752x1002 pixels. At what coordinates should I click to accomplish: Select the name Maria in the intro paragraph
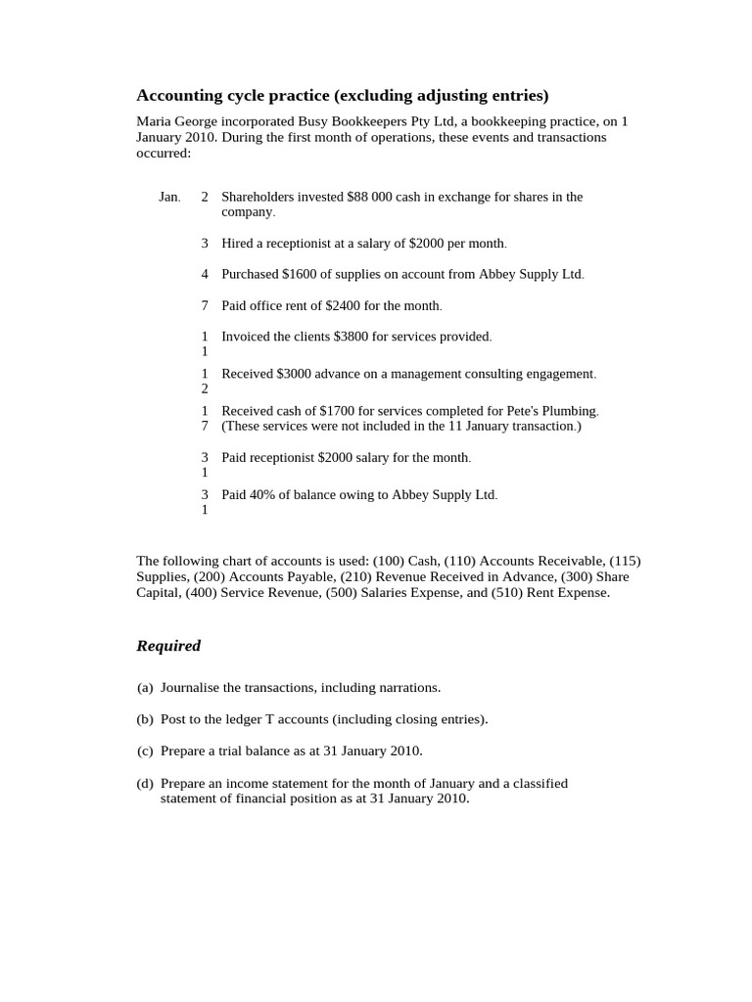154,121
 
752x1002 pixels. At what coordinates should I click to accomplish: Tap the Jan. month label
169,197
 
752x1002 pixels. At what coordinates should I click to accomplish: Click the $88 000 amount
369,197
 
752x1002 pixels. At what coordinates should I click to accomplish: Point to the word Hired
238,243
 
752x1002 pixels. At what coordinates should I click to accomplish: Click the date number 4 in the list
205,274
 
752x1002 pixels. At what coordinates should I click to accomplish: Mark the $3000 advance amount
295,374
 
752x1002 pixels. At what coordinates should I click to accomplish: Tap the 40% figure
266,495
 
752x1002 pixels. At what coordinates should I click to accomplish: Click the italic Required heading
168,646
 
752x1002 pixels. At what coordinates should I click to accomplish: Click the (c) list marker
146,751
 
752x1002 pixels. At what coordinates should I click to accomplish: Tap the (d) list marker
146,783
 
